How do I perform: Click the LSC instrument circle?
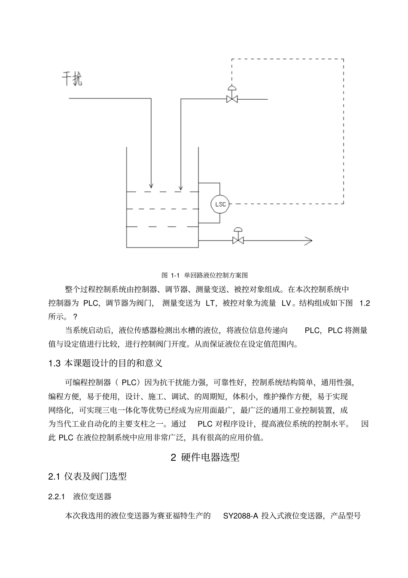click(220, 204)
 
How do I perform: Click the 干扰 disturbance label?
click(72, 79)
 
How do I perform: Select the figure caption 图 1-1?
click(204, 275)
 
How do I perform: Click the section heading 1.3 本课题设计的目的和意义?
click(105, 363)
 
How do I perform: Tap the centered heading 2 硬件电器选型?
click(205, 457)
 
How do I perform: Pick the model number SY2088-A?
click(241, 516)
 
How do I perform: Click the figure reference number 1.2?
click(364, 303)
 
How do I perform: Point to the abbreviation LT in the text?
click(210, 303)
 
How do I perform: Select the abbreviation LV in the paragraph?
click(286, 303)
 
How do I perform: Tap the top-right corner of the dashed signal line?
click(343, 59)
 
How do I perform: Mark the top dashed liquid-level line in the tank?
click(162, 192)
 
